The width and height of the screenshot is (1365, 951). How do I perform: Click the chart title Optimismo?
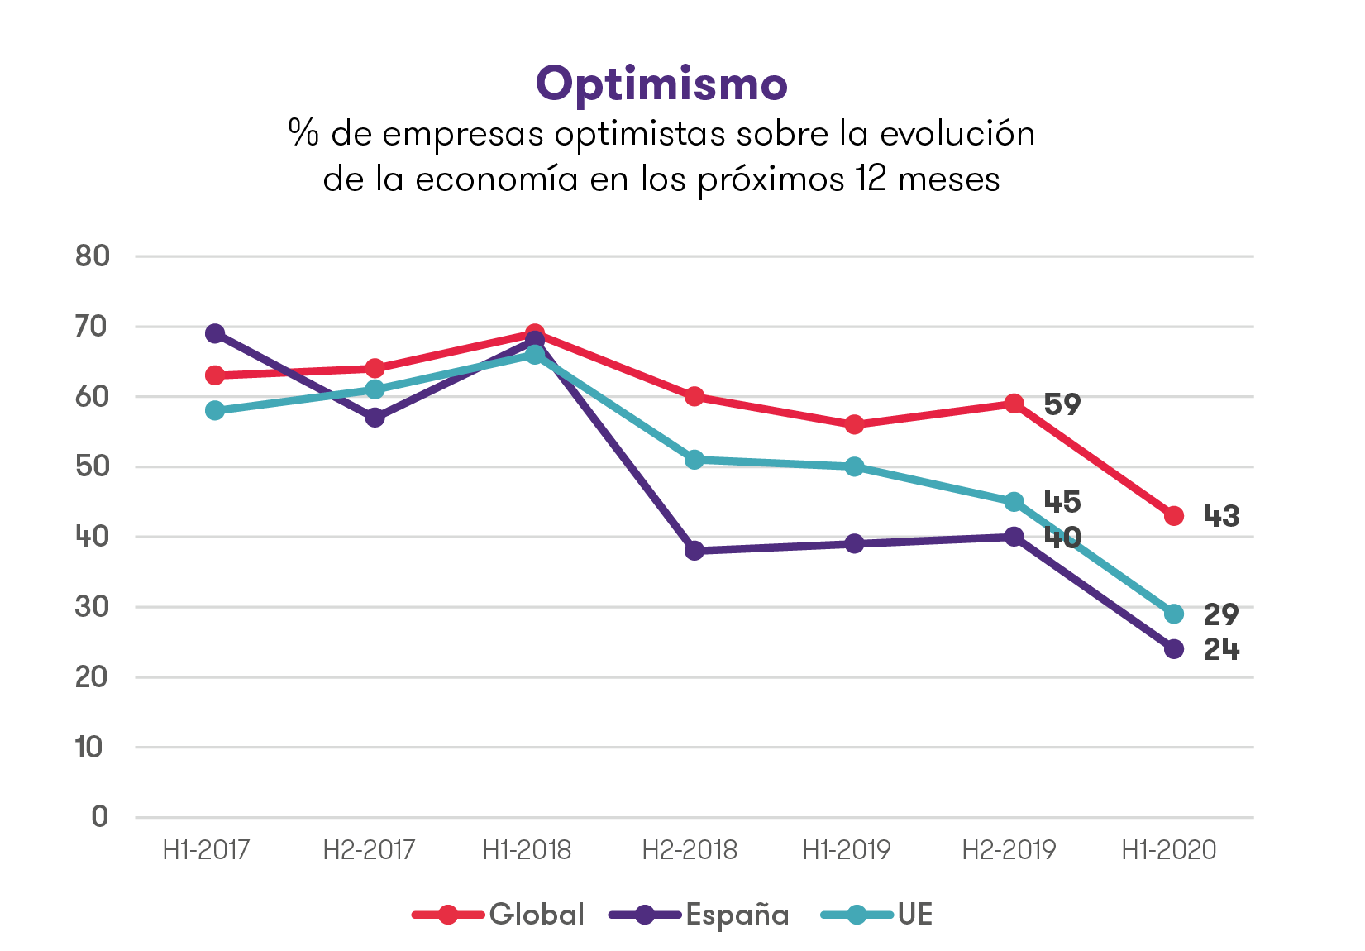click(661, 84)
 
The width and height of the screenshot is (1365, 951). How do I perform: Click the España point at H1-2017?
click(215, 333)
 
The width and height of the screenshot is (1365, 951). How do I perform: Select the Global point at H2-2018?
click(694, 397)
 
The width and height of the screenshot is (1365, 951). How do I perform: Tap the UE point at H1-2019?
click(854, 467)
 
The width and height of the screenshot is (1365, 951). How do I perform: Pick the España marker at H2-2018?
click(694, 551)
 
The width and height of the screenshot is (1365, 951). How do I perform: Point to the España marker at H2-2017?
click(375, 418)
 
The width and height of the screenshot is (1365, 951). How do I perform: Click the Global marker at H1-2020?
click(1174, 516)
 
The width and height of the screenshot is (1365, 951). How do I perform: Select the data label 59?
click(1062, 404)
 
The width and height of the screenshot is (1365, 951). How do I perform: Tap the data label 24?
click(1221, 650)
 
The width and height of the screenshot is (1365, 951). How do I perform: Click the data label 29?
click(1221, 615)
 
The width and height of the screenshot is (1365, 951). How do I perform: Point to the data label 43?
click(1221, 517)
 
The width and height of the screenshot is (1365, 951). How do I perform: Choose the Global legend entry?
click(499, 915)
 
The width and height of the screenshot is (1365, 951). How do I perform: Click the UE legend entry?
click(878, 915)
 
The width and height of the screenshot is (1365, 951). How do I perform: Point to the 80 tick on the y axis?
click(93, 256)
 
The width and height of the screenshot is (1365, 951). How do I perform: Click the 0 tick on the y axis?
click(100, 817)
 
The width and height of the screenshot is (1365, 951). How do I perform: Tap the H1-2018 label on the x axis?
click(527, 850)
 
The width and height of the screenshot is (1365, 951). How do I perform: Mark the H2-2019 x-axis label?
click(1009, 850)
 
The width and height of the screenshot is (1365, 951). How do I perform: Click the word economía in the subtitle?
click(496, 179)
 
